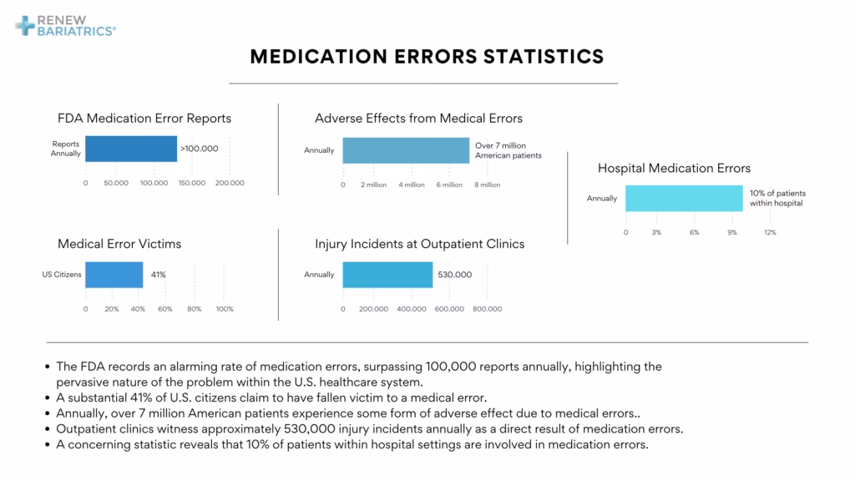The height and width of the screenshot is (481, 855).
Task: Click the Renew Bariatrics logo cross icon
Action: (x=26, y=24)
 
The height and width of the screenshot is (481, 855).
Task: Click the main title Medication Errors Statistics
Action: (x=427, y=56)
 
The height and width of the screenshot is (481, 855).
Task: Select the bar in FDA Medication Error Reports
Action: (x=131, y=149)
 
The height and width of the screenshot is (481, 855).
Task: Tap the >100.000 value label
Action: (x=200, y=149)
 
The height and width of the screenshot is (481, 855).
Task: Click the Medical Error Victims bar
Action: (x=114, y=275)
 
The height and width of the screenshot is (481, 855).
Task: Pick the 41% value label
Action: (x=158, y=275)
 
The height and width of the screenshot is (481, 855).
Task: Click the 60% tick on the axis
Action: (x=166, y=309)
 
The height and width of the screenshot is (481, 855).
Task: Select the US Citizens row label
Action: (x=62, y=275)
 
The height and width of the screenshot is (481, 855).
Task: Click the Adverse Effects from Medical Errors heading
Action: (x=418, y=119)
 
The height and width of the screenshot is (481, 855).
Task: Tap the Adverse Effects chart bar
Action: (x=406, y=150)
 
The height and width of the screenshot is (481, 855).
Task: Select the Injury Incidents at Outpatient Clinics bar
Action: (x=387, y=275)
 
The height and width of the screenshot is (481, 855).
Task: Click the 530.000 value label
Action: (x=455, y=275)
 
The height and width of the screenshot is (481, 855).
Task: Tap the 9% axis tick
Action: (x=731, y=232)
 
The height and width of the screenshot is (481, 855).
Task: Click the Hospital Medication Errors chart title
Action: (x=674, y=168)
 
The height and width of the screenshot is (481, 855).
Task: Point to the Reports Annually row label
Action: (x=66, y=149)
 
